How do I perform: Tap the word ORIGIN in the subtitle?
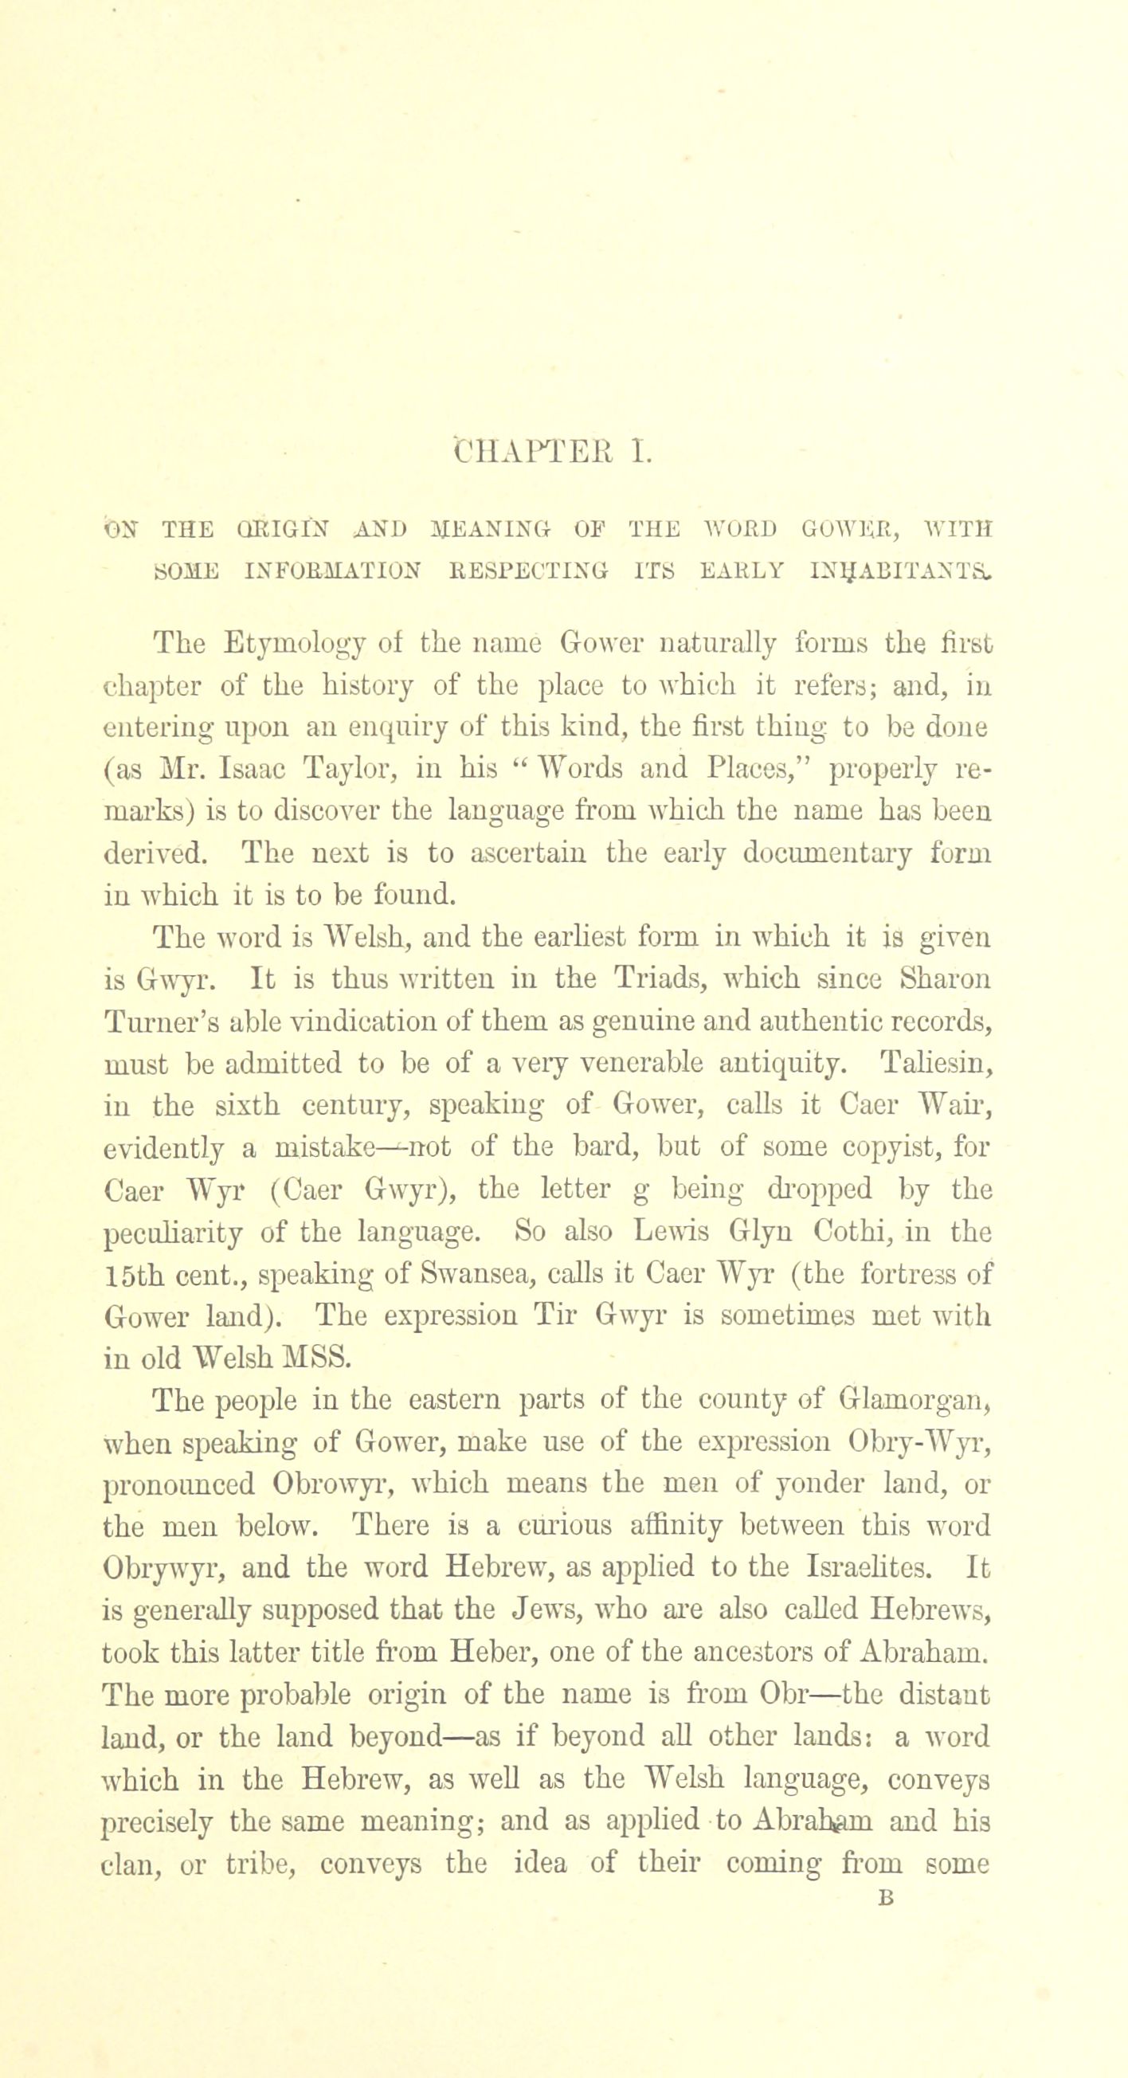point(261,530)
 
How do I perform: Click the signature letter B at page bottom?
point(886,1898)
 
